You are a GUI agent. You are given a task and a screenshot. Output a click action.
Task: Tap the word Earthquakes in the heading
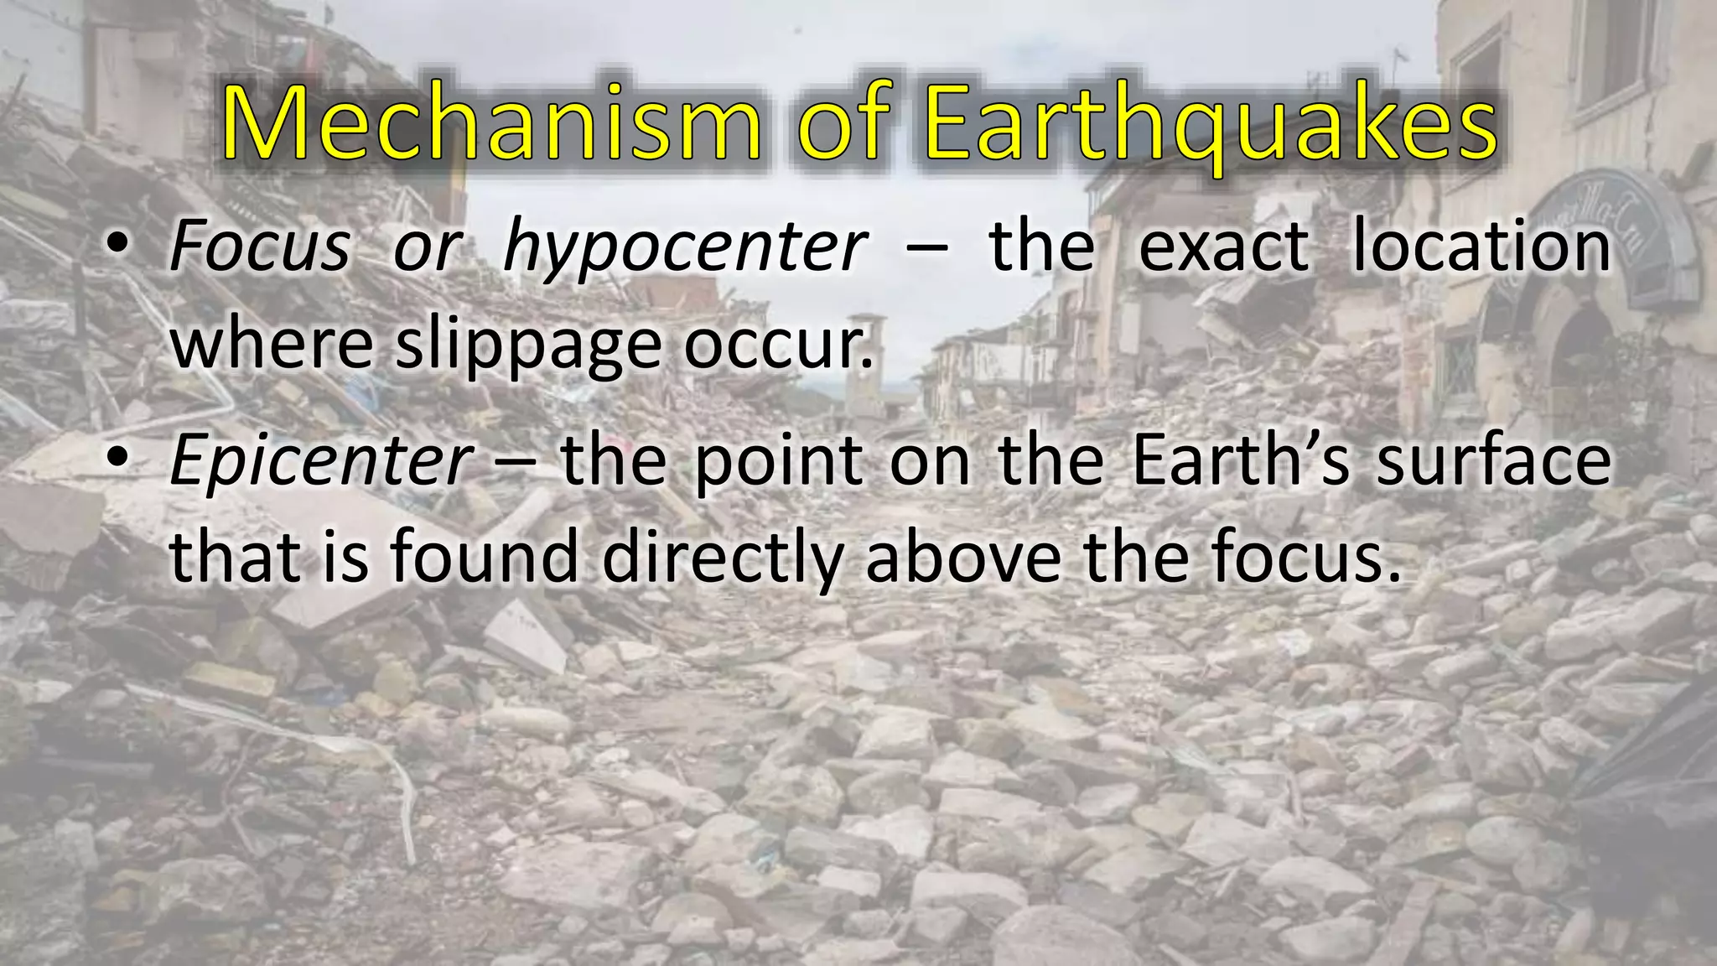(x=1212, y=126)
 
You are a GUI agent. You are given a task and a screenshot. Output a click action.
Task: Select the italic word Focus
(x=259, y=247)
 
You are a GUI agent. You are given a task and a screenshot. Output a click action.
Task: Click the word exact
(x=1223, y=247)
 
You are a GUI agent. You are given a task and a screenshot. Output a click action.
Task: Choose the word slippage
(x=529, y=344)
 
